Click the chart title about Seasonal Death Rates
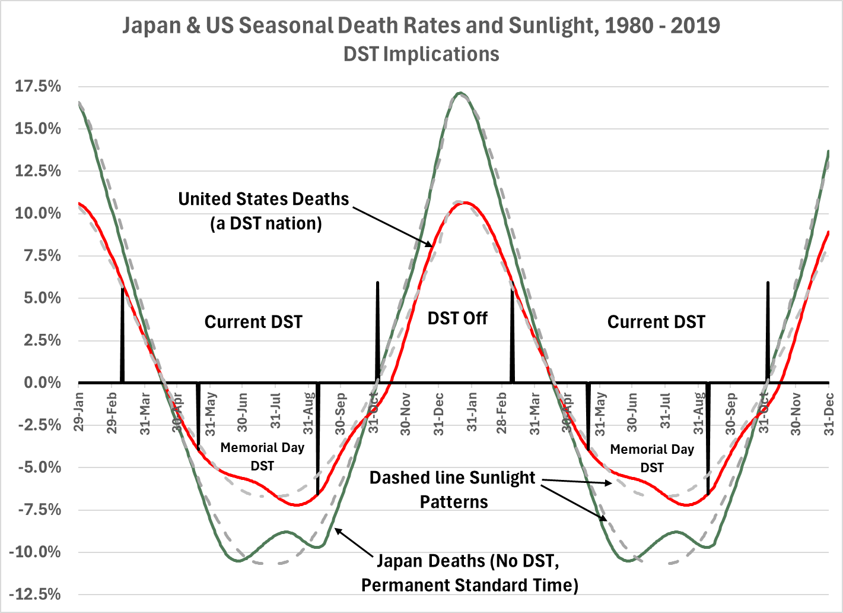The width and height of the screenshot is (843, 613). (421, 26)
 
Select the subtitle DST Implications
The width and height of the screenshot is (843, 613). (421, 54)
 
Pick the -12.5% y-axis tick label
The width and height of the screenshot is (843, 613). (36, 595)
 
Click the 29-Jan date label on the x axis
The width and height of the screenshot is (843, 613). (78, 410)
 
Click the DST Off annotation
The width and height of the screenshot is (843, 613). (457, 318)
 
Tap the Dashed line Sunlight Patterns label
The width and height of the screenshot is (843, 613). (453, 489)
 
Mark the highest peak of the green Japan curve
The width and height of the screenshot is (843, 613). (460, 93)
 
